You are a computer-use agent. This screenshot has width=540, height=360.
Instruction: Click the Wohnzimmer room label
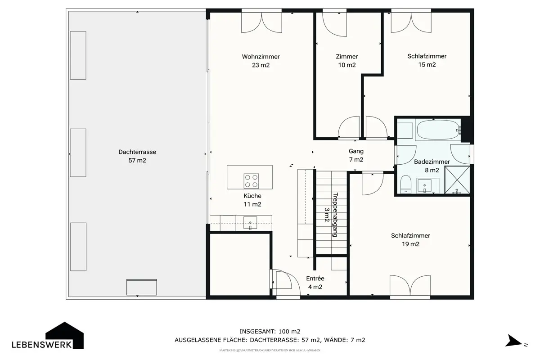pos(261,57)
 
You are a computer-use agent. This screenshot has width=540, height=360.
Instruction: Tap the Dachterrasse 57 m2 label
pos(137,156)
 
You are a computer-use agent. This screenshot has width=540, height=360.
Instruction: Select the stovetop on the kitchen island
pos(251,181)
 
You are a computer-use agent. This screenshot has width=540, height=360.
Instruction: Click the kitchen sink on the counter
pos(250,223)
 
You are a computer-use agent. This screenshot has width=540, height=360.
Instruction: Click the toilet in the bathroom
pos(406,184)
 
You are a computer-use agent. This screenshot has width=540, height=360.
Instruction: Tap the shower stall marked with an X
pos(457,180)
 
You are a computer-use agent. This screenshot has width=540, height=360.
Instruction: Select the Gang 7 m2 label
pos(356,155)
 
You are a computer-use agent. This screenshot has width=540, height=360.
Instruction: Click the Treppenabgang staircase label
pos(335,215)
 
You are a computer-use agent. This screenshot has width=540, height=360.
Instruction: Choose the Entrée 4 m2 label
pos(315,283)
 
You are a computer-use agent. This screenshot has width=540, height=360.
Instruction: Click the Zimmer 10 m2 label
pos(347,61)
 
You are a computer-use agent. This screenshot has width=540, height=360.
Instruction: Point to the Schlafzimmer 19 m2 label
pos(410,240)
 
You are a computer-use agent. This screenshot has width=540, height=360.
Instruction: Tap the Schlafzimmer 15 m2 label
pos(427,60)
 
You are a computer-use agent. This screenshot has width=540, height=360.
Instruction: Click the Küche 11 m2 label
pos(252,200)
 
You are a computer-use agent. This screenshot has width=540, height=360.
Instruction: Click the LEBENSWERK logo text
pos(41,345)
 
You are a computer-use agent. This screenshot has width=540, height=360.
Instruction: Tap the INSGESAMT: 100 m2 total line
pos(270,332)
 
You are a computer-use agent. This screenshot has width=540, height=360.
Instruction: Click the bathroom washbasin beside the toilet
pos(424,186)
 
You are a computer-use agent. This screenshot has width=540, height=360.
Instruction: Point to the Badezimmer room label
pos(432,162)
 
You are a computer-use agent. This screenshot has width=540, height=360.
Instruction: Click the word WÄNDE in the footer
pos(335,340)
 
